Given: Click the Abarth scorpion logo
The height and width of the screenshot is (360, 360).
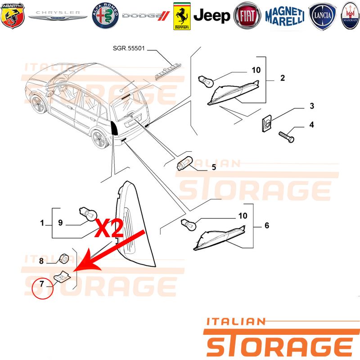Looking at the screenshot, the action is tap(13, 16).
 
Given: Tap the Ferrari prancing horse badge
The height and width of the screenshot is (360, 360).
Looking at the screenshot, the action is tap(182, 16).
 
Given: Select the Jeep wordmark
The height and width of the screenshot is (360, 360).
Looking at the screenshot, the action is tap(211, 16).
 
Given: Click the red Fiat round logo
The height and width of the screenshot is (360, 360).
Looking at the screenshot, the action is tap(247, 16).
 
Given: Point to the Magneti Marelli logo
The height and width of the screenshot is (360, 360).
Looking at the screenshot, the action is tap(285, 16).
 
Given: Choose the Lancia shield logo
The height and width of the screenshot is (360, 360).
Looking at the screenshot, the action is tap(323, 16).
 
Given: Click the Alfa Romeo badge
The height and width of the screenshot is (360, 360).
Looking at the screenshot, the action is tap(105, 16).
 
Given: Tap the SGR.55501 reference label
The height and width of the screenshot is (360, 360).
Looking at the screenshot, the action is tap(129, 48).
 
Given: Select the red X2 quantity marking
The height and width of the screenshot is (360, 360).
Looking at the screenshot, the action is tap(109, 228).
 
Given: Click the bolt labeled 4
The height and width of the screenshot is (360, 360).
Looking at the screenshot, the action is tap(286, 137).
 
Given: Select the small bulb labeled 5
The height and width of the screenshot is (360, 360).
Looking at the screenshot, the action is tap(185, 163).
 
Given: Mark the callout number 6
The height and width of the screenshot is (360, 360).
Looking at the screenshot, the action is tap(266, 225).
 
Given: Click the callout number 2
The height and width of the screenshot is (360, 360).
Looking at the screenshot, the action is tap(283, 78).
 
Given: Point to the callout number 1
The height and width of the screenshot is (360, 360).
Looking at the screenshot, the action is tap(42, 223).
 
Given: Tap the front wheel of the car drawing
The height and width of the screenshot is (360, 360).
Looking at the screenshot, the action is tap(39, 104).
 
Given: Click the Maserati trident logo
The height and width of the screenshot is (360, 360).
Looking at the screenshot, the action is tap(350, 16).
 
